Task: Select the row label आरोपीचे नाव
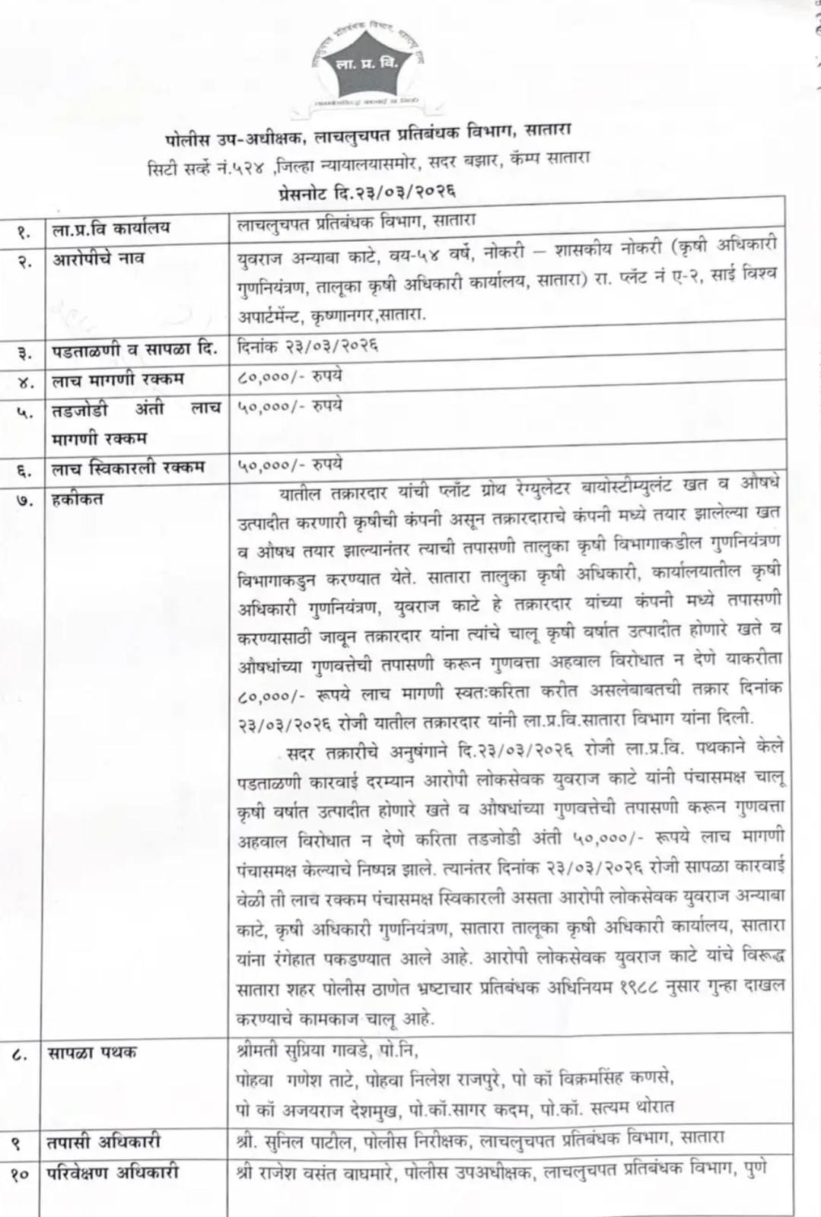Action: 99,259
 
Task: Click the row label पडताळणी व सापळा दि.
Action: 134,350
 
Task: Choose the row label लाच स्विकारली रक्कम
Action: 128,467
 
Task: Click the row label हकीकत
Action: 78,499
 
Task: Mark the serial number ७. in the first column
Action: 24,501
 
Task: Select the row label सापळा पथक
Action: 91,1053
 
